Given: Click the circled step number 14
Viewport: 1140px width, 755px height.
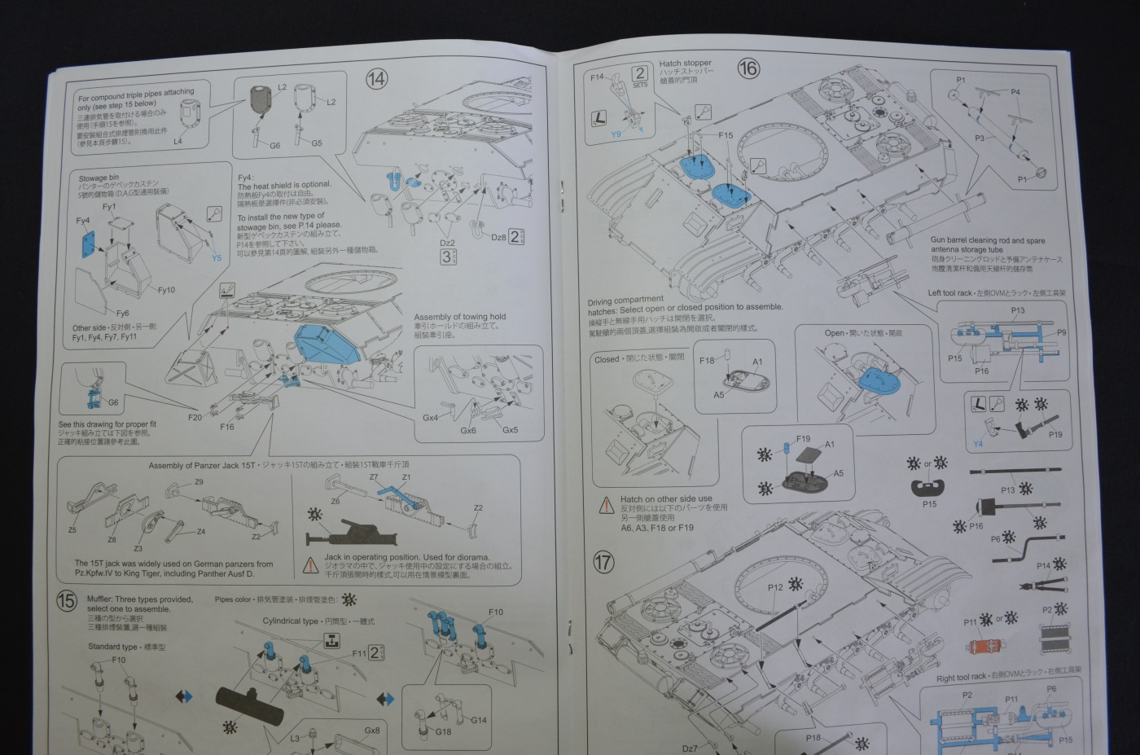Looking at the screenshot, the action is point(376,79).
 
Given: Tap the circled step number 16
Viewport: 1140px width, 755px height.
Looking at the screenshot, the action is point(748,68).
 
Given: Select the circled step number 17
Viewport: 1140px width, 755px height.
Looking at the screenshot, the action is point(603,562).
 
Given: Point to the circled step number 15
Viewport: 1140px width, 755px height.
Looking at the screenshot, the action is point(67,602).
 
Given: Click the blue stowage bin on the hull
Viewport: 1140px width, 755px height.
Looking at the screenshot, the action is point(326,343).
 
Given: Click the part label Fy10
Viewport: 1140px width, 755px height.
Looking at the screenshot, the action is point(166,290).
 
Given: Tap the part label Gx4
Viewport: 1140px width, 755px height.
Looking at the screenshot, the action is point(430,418).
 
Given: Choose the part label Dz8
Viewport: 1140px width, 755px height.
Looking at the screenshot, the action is point(498,237).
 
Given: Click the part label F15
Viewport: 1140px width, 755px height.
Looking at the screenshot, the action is point(725,135).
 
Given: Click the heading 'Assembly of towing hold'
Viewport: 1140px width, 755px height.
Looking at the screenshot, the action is point(459,317).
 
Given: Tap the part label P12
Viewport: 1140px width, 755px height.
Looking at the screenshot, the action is point(774,587).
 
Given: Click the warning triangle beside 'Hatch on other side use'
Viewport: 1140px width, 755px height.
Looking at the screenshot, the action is point(607,506).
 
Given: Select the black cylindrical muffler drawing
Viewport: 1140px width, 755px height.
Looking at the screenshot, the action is point(249,700).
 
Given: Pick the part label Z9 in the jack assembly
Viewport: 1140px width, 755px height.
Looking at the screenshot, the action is point(199,482).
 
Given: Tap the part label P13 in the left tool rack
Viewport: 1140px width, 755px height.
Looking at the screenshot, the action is point(1017,310).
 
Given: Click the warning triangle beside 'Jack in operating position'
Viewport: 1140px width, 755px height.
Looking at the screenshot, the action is point(310,564).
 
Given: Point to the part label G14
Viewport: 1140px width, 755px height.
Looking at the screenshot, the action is point(479,720).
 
